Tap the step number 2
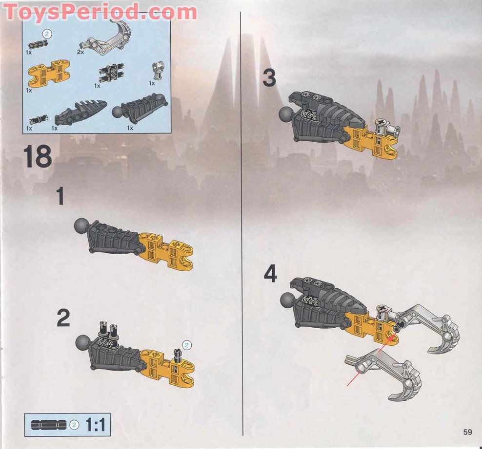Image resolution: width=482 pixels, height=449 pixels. pyautogui.click(x=63, y=318)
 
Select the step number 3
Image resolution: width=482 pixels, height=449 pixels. pyautogui.click(x=269, y=78)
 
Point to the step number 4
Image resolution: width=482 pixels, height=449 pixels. pyautogui.click(x=270, y=274)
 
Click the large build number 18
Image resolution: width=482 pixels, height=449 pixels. pyautogui.click(x=37, y=157)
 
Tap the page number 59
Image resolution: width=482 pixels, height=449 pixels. pyautogui.click(x=468, y=431)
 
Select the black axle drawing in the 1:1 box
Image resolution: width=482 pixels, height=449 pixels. pyautogui.click(x=49, y=425)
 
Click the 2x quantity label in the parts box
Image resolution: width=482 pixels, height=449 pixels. pyautogui.click(x=80, y=51)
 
